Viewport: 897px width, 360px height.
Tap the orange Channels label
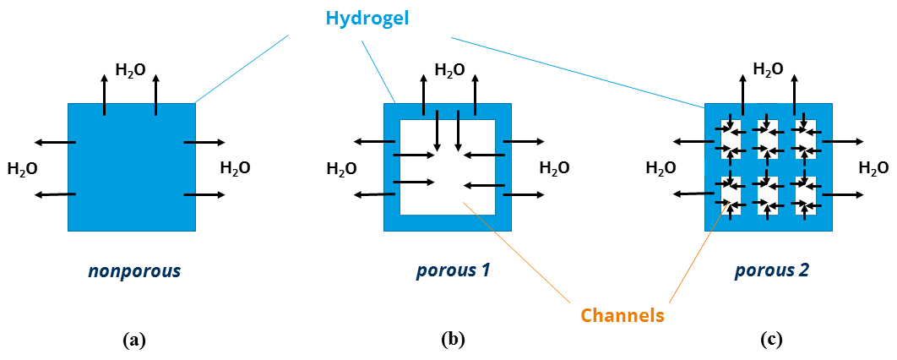622,315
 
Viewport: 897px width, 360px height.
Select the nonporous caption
134,272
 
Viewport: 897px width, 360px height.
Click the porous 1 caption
453,272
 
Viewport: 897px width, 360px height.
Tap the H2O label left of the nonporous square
22,169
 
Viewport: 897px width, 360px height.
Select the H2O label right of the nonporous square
235,168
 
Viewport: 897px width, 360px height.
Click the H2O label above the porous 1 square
449,71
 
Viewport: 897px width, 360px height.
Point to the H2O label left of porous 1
341,169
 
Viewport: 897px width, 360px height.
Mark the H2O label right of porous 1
554,168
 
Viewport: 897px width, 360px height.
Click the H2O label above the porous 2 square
768,69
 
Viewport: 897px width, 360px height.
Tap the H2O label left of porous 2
661,168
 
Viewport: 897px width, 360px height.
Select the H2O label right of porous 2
873,168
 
